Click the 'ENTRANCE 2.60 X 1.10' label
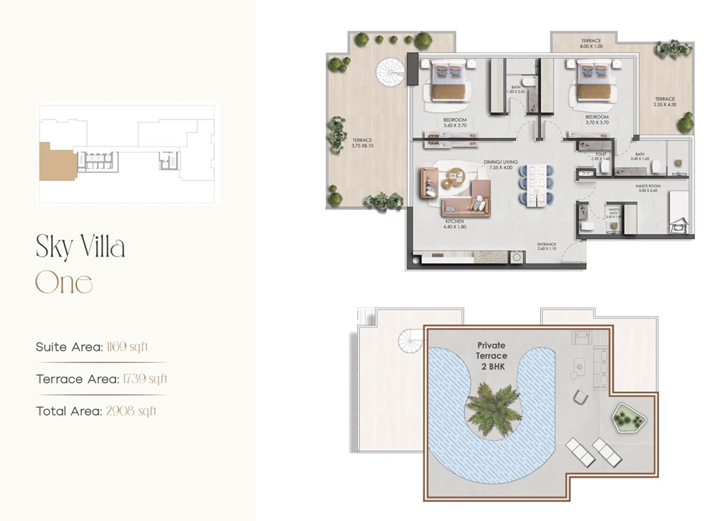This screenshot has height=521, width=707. pos(547,247)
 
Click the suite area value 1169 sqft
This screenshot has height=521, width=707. pos(127,347)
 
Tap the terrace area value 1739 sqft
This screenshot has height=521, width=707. pos(144,380)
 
